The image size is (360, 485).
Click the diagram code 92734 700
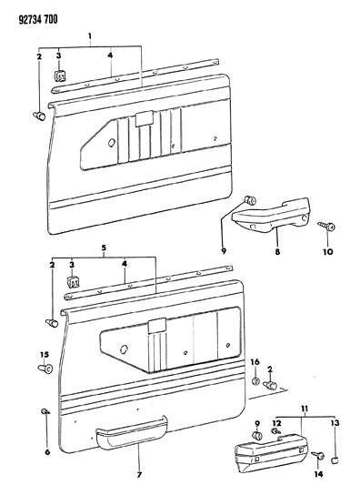point(38,20)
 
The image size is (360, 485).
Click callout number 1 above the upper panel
point(90,36)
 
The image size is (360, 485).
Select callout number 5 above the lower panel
point(104,248)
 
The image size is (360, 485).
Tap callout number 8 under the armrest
point(277,252)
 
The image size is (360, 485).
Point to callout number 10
point(328,252)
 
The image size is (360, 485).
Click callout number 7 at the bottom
point(139,474)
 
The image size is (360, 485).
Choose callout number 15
point(45,355)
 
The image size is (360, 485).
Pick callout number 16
point(255,362)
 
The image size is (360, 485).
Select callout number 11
point(305,409)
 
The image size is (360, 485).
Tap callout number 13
point(335,422)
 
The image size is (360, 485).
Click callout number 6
point(47,452)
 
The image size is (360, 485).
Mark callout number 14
point(318,474)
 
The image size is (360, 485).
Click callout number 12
point(276,422)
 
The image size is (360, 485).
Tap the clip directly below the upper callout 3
point(60,76)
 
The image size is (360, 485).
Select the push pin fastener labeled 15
point(45,369)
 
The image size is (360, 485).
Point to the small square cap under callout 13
point(334,460)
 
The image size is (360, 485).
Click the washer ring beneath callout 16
point(255,381)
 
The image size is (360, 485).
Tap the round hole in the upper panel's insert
point(112,143)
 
